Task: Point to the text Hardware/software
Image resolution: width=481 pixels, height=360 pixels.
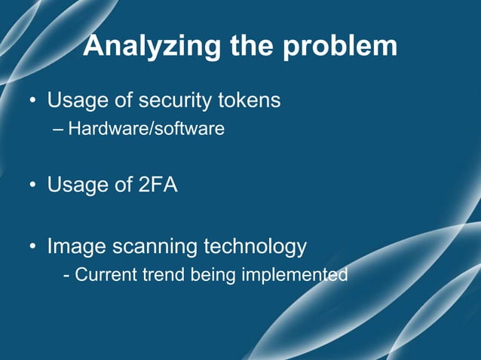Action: (x=146, y=129)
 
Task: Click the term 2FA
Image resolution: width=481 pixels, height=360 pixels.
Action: (x=158, y=185)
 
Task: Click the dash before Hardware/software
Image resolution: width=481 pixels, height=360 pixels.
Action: (x=59, y=129)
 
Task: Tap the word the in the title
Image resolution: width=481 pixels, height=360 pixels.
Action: (x=253, y=46)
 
